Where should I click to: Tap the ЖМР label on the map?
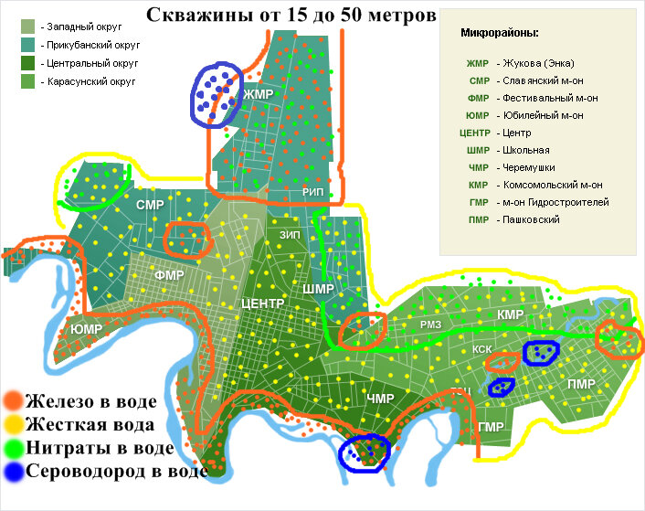[x=259, y=94]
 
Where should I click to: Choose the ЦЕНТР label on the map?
[x=263, y=303]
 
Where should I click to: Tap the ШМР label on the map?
[x=318, y=289]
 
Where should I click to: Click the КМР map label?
[x=510, y=315]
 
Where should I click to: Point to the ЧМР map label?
[x=379, y=399]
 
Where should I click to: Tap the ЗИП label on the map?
[x=290, y=235]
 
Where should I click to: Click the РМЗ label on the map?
[x=430, y=325]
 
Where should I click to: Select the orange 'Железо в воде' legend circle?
[x=13, y=400]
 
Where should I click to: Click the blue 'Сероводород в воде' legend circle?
[x=13, y=472]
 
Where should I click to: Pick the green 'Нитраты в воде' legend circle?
[x=13, y=448]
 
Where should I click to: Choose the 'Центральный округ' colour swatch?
[x=27, y=64]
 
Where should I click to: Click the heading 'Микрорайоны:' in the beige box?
[x=500, y=33]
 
